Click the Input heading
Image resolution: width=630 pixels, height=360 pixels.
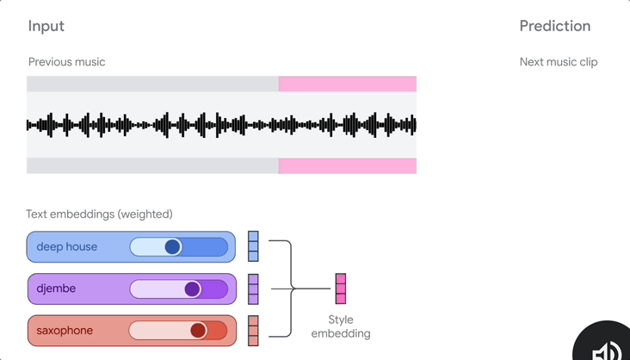click(46, 27)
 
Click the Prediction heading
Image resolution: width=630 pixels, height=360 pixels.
click(554, 27)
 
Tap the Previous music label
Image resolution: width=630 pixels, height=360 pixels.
click(66, 62)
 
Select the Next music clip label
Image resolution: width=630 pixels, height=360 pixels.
click(558, 62)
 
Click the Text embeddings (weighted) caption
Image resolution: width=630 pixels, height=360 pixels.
click(99, 214)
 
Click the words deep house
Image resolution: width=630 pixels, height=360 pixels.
click(66, 247)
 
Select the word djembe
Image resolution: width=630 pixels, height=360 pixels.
click(56, 289)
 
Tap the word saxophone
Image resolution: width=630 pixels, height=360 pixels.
click(65, 331)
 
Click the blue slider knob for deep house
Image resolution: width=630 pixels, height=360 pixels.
click(173, 247)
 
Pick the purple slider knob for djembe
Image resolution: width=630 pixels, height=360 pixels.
click(192, 289)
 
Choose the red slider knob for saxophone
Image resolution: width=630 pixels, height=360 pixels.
click(199, 331)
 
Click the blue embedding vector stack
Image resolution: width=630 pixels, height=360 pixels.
click(253, 246)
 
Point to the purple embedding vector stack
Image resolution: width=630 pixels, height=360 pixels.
click(253, 289)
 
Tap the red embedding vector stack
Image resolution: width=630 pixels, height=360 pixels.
click(253, 331)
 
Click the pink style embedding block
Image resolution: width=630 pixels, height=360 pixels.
click(341, 289)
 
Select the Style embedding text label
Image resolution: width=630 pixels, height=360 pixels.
click(341, 326)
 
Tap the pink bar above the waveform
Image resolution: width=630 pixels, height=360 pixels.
click(348, 84)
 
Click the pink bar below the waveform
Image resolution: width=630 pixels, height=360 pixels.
click(348, 165)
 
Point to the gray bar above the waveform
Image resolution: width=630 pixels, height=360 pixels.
click(152, 84)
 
